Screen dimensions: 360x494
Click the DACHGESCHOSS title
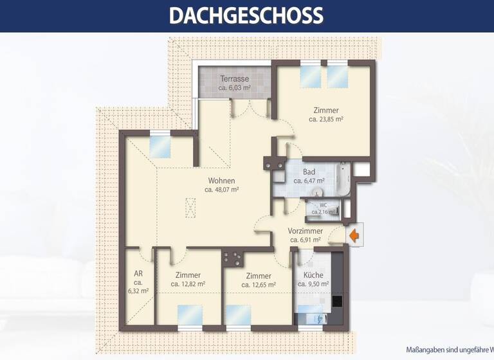tap(246, 15)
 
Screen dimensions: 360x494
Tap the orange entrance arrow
tap(354, 235)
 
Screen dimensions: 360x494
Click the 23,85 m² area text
tap(325, 119)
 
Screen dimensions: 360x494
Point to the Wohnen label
tap(221, 181)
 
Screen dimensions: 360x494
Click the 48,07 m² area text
tap(222, 190)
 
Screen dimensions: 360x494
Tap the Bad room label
tap(309, 172)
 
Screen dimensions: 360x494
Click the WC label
tap(323, 205)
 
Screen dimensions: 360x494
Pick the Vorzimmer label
tap(305, 231)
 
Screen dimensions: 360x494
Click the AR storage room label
tap(138, 273)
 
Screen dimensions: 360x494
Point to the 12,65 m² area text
tap(258, 284)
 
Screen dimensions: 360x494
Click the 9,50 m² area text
tap(312, 283)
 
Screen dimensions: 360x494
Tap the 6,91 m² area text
tap(305, 240)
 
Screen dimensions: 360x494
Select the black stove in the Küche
tap(337, 301)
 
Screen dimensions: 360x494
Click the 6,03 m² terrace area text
tap(234, 87)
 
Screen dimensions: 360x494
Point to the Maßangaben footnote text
tap(450, 350)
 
